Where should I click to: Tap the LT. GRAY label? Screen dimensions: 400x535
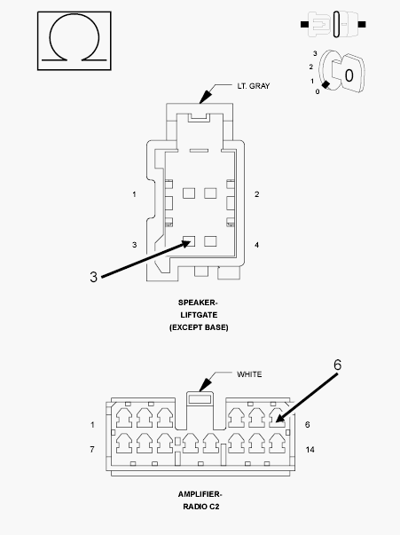(x=254, y=86)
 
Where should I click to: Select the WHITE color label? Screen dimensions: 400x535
(x=249, y=374)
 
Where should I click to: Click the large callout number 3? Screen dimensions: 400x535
(x=93, y=277)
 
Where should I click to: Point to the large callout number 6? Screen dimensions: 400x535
(x=337, y=365)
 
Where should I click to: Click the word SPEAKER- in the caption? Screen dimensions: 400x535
(x=198, y=303)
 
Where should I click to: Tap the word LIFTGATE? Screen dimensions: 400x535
(x=199, y=315)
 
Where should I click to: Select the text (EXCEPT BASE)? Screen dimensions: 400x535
(x=199, y=327)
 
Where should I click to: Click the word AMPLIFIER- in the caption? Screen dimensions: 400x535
(x=200, y=494)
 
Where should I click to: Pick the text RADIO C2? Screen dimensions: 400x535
(x=200, y=507)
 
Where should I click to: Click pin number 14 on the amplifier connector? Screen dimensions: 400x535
(x=310, y=450)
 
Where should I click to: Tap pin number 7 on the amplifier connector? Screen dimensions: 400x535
(x=92, y=449)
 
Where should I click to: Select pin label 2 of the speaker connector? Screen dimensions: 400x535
(x=257, y=194)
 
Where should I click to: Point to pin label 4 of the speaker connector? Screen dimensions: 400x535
(x=257, y=245)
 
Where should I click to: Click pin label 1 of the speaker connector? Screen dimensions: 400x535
(x=134, y=194)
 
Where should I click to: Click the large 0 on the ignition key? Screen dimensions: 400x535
(x=349, y=75)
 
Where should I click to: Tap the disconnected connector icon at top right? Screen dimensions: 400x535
(x=333, y=24)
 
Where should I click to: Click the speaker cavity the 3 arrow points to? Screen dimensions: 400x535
(x=189, y=241)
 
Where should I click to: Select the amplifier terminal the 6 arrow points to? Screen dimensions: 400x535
(x=277, y=418)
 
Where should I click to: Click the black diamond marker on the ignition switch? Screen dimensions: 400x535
(x=326, y=84)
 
